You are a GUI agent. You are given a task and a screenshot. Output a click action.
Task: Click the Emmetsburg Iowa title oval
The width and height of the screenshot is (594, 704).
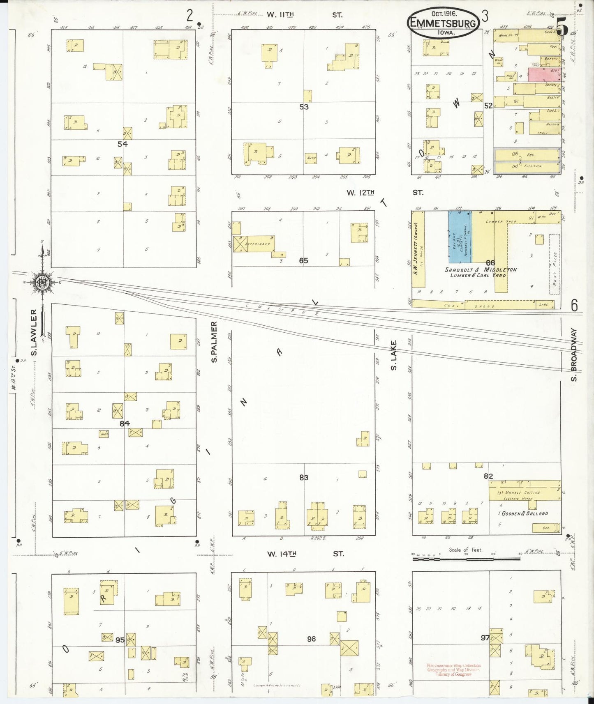pyautogui.click(x=444, y=23)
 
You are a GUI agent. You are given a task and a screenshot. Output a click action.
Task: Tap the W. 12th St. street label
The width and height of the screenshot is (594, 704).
pyautogui.click(x=385, y=192)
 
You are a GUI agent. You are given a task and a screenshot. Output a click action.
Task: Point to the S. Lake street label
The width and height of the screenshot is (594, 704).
pyautogui.click(x=394, y=355)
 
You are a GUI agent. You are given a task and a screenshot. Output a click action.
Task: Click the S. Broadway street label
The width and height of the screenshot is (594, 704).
pyautogui.click(x=574, y=354)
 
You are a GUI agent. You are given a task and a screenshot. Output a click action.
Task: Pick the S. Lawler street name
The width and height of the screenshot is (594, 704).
pyautogui.click(x=34, y=332)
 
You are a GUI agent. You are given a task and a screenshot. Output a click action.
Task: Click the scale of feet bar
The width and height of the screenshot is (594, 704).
pyautogui.click(x=466, y=559)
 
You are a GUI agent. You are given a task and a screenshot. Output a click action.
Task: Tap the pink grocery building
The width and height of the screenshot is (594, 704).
pyautogui.click(x=544, y=75)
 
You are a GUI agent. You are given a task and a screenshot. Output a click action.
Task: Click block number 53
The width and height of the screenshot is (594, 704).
pyautogui.click(x=304, y=107)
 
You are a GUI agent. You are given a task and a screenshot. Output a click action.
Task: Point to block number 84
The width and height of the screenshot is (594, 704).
pyautogui.click(x=125, y=423)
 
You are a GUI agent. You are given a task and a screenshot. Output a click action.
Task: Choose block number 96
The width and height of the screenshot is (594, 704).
pyautogui.click(x=311, y=639)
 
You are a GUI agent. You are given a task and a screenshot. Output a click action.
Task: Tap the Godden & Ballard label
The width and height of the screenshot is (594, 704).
pyautogui.click(x=525, y=513)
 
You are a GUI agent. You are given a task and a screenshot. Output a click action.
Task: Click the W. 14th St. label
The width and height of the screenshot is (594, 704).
pyautogui.click(x=305, y=554)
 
